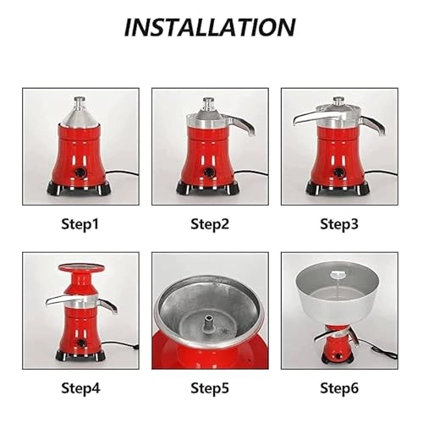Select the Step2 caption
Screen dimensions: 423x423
point(210,224)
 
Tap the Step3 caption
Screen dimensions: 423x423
point(339,224)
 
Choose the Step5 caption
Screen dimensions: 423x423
point(210,387)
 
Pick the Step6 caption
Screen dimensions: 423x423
point(339,387)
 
